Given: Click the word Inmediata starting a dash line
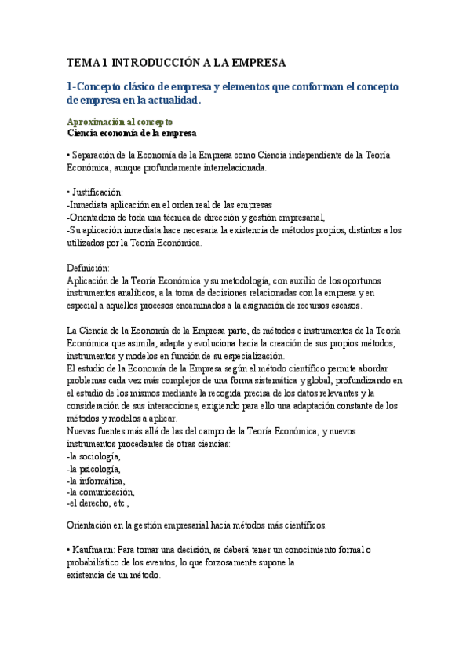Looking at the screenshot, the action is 90,204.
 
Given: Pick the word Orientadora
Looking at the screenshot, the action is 95,217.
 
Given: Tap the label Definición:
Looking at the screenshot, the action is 88,269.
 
